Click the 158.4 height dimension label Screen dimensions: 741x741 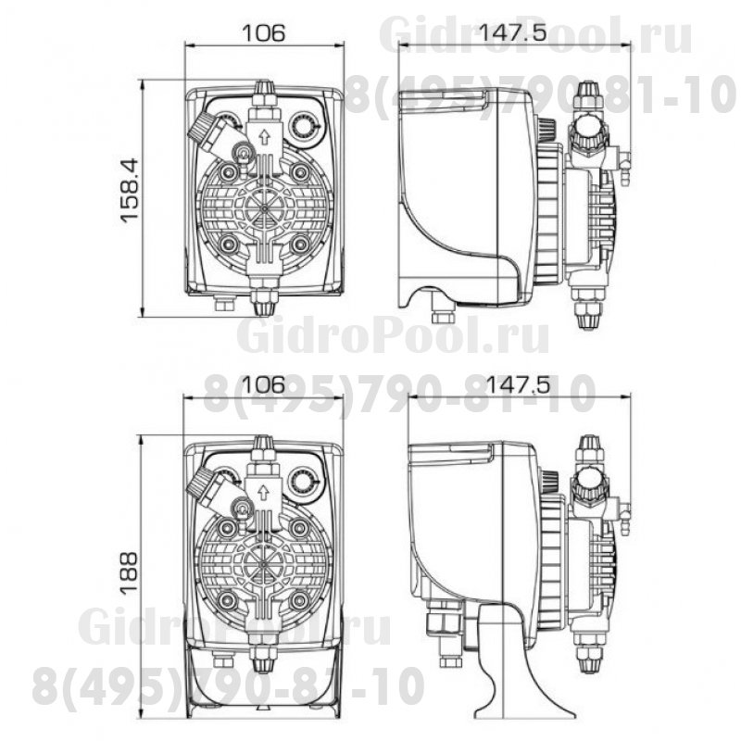(x=130, y=190)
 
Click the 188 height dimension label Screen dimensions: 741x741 (x=128, y=572)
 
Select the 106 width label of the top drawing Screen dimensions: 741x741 (x=264, y=33)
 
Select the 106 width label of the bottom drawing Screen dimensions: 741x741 (x=264, y=384)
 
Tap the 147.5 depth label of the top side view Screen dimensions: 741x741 (x=513, y=32)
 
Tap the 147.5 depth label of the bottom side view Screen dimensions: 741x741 (x=518, y=384)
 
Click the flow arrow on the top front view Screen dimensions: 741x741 (x=264, y=137)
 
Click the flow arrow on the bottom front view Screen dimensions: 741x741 (x=264, y=494)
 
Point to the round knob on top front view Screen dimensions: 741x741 (x=303, y=125)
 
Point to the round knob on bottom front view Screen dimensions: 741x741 (x=303, y=481)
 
